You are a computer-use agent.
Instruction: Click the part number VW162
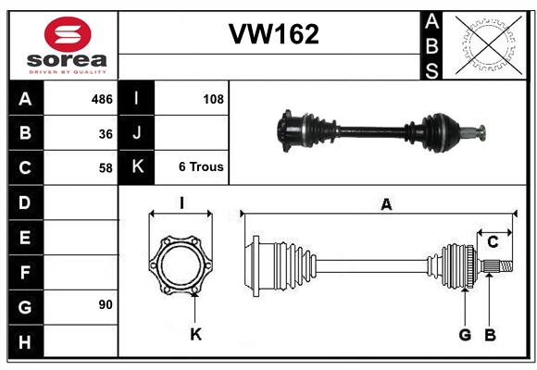click(274, 34)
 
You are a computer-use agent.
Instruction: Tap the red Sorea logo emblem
click(68, 34)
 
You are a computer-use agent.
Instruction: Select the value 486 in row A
click(102, 99)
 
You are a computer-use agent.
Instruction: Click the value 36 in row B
click(106, 134)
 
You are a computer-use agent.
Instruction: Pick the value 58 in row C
click(106, 168)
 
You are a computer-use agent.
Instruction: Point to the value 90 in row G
click(106, 304)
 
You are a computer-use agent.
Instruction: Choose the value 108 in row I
click(213, 99)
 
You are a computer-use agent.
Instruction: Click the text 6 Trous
click(201, 167)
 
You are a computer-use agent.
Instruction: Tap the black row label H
click(26, 341)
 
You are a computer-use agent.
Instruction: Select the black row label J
click(136, 133)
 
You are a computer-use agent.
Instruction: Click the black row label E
click(26, 237)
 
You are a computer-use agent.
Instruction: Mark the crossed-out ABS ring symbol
click(489, 45)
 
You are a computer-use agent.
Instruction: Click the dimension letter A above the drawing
click(386, 204)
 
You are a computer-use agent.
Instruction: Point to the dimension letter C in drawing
click(493, 242)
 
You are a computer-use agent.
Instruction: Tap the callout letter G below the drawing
click(465, 335)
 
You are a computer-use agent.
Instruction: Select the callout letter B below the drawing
click(491, 335)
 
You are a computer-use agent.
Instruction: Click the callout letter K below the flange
click(196, 334)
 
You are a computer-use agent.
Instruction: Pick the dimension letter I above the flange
click(181, 203)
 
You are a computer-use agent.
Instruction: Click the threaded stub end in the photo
click(474, 133)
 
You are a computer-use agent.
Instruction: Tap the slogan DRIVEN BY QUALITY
click(68, 72)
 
